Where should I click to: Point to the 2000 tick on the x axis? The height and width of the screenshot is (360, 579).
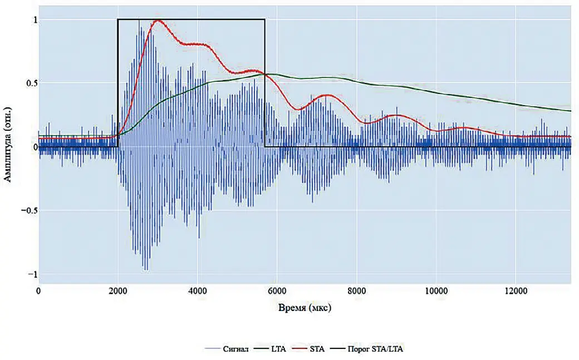117,291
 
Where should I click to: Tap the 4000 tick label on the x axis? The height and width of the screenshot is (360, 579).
197,291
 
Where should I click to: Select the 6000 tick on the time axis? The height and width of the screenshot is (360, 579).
277,291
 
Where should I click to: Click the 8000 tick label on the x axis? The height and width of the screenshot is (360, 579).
356,291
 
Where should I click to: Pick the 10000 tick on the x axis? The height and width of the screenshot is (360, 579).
436,291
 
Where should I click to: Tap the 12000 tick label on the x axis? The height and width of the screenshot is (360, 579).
515,291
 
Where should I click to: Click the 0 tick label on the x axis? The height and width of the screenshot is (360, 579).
38,291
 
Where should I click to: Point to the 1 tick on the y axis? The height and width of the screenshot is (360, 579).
35,19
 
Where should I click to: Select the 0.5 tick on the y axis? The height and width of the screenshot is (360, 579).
31,83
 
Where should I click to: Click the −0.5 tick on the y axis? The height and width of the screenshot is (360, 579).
29,211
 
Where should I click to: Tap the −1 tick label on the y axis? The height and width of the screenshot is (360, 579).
32,274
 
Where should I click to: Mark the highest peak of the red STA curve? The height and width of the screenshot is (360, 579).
159,21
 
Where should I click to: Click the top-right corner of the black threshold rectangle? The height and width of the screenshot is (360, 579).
264,19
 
